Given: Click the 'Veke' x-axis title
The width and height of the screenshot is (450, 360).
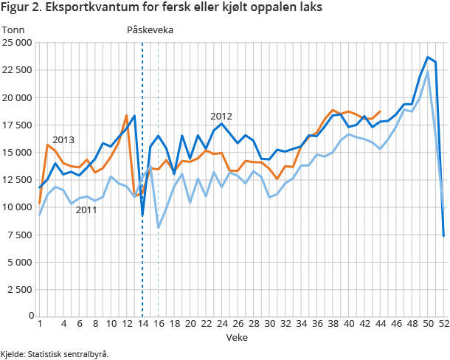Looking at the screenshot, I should pyautogui.click(x=237, y=337).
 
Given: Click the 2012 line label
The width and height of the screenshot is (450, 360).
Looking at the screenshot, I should pyautogui.click(x=221, y=116).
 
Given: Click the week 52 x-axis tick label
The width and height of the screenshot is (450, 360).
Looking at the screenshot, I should pyautogui.click(x=443, y=324).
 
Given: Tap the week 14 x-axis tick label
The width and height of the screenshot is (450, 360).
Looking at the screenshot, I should pyautogui.click(x=142, y=324).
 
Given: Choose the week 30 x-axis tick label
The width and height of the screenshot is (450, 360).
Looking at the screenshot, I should pyautogui.click(x=269, y=324).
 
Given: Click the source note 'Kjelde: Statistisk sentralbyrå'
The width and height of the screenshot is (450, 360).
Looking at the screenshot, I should pyautogui.click(x=55, y=353).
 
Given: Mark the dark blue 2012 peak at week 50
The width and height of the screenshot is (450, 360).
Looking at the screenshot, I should pyautogui.click(x=428, y=57).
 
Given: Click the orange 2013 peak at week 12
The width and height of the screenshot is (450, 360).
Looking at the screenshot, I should pyautogui.click(x=127, y=115).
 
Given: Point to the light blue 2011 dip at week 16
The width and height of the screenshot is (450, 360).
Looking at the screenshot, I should pyautogui.click(x=159, y=227).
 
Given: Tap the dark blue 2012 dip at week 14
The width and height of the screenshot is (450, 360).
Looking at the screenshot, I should pyautogui.click(x=142, y=215).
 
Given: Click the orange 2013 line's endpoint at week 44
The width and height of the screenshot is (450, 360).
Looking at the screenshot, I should pyautogui.click(x=380, y=111).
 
